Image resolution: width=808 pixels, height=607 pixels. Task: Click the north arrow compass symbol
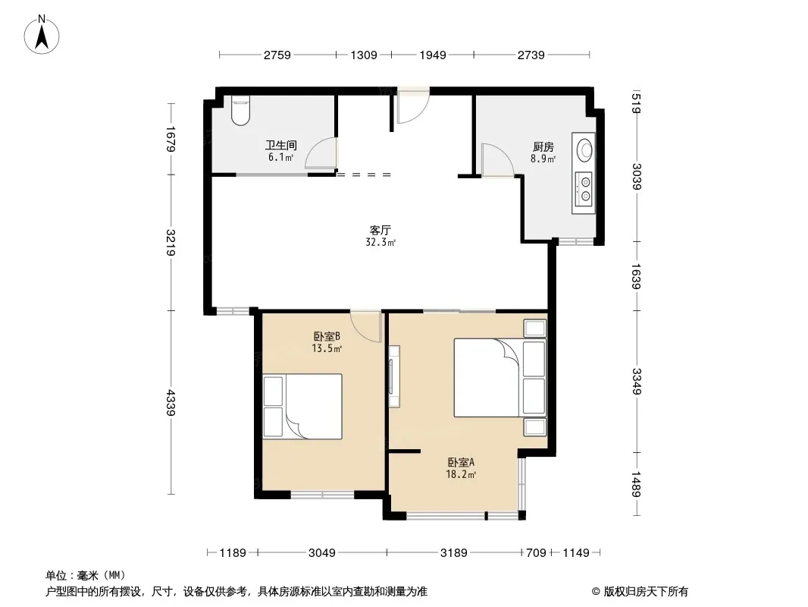pyautogui.click(x=42, y=35)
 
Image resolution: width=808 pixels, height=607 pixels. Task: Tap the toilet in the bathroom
pyautogui.click(x=240, y=111)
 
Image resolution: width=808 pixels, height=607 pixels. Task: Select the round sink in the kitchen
pyautogui.click(x=585, y=149)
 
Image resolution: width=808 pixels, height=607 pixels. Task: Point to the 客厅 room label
pyautogui.click(x=381, y=230)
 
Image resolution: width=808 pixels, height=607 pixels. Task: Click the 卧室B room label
pyautogui.click(x=327, y=337)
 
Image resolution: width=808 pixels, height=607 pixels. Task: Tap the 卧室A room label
pyautogui.click(x=461, y=463)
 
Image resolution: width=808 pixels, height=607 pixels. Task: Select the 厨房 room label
pyautogui.click(x=543, y=147)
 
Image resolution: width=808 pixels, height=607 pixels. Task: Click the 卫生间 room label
pyautogui.click(x=281, y=146)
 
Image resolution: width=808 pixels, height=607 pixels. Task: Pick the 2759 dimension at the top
pyautogui.click(x=277, y=55)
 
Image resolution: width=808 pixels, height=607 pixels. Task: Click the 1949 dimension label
pyautogui.click(x=432, y=55)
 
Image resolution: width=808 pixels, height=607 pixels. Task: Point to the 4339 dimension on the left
pyautogui.click(x=171, y=403)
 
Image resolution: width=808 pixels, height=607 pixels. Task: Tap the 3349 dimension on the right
pyautogui.click(x=637, y=381)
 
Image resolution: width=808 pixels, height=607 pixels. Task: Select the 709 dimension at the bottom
pyautogui.click(x=536, y=553)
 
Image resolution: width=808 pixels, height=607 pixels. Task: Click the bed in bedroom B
pyautogui.click(x=302, y=407)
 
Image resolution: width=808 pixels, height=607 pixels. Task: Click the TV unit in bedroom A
pyautogui.click(x=394, y=376)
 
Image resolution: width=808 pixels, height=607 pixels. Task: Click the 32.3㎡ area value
pyautogui.click(x=381, y=242)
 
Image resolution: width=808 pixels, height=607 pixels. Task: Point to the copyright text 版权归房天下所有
pyautogui.click(x=646, y=592)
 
